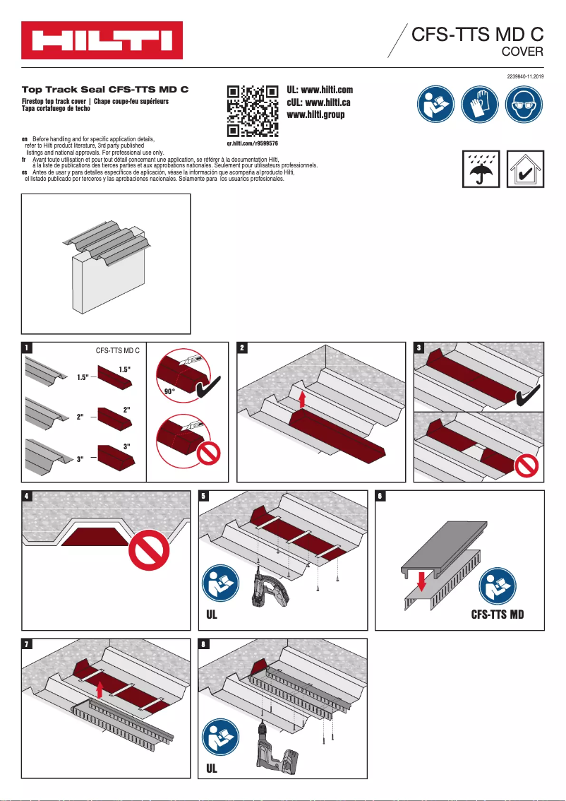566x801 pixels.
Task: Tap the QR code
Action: tap(251, 112)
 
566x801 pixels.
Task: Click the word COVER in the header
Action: tap(522, 52)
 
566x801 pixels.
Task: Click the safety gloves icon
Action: tap(479, 106)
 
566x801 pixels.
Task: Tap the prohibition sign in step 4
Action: tap(150, 550)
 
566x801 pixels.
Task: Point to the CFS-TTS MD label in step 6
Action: tap(498, 614)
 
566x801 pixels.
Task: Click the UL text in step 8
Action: tap(212, 768)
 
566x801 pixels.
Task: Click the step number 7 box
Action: tap(27, 644)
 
